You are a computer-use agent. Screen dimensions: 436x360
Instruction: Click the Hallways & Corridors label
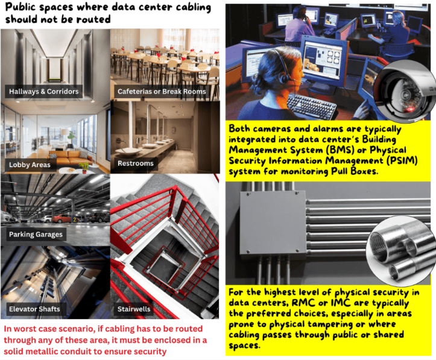(x=43, y=92)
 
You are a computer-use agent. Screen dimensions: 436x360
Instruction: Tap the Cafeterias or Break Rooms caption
(x=162, y=92)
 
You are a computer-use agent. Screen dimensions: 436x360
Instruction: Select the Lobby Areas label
(x=30, y=165)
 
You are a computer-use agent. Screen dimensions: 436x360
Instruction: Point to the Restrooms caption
(x=136, y=163)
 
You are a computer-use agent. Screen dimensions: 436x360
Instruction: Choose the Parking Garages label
(x=36, y=235)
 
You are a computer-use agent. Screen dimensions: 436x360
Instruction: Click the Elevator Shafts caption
(x=34, y=309)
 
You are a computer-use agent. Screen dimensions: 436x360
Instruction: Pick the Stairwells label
(x=134, y=309)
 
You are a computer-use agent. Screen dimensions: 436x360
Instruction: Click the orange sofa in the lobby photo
(x=71, y=158)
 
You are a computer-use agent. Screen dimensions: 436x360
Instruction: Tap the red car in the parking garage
(x=62, y=218)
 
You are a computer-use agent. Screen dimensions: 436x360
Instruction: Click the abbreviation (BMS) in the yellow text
(x=338, y=150)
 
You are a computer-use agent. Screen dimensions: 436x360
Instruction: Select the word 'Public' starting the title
(x=21, y=7)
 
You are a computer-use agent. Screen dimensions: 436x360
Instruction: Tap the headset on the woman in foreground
(x=283, y=69)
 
